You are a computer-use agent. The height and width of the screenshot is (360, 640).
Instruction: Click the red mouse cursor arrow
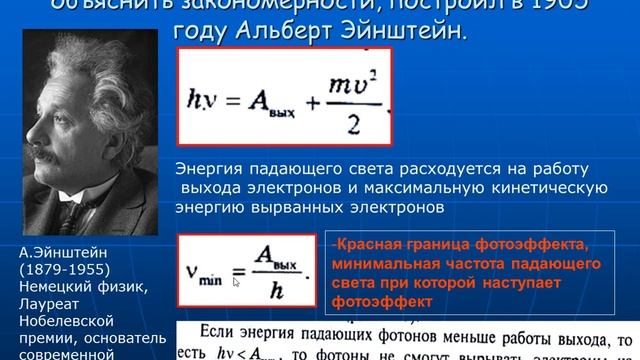(237, 282)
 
